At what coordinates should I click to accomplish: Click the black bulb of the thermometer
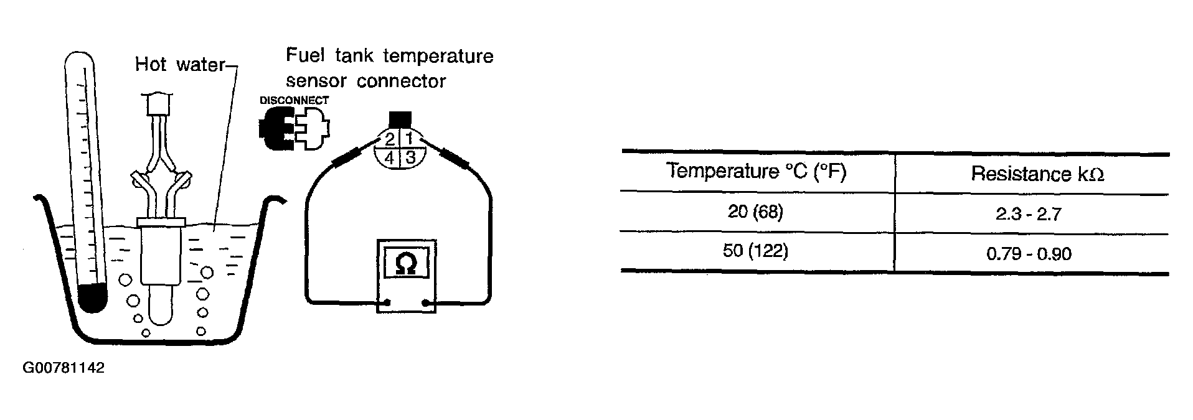point(93,298)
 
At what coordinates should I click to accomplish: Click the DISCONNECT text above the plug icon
point(294,100)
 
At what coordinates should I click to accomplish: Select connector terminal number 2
point(390,138)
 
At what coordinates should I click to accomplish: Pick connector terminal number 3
point(410,157)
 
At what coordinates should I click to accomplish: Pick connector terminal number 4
point(390,158)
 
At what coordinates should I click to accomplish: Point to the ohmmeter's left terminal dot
point(387,304)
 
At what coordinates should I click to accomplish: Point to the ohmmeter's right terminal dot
point(426,304)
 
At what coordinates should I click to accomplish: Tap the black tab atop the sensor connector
point(400,119)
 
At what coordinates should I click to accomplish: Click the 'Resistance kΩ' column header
point(1037,174)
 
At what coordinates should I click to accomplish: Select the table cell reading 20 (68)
point(755,212)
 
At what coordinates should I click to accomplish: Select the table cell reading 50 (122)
point(755,251)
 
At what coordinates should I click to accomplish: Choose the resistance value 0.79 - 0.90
point(1029,254)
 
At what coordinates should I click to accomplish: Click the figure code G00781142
point(64,368)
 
